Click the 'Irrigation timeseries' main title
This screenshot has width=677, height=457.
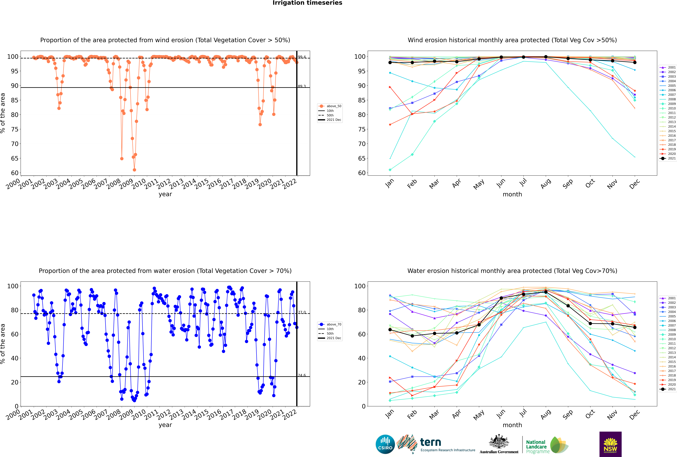pos(307,3)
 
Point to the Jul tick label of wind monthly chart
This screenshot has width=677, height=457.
pos(523,183)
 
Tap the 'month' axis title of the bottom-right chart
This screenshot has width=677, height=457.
pos(512,425)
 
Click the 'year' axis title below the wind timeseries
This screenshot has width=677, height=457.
pos(165,194)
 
